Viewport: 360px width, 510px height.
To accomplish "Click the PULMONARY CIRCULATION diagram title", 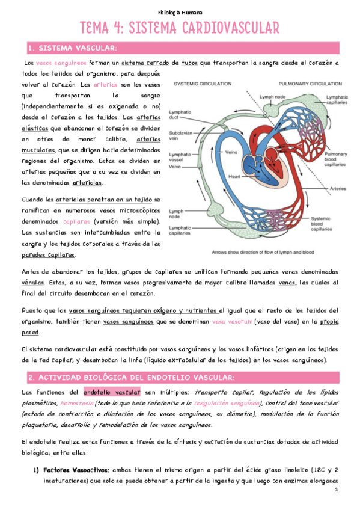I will click(x=307, y=84).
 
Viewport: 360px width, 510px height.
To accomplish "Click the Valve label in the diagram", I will click(x=176, y=168).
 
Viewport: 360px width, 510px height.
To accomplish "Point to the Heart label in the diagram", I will click(x=234, y=177).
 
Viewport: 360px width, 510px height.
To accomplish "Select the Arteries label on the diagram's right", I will click(x=338, y=188).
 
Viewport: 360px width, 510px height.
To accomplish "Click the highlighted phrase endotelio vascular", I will click(x=111, y=392).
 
